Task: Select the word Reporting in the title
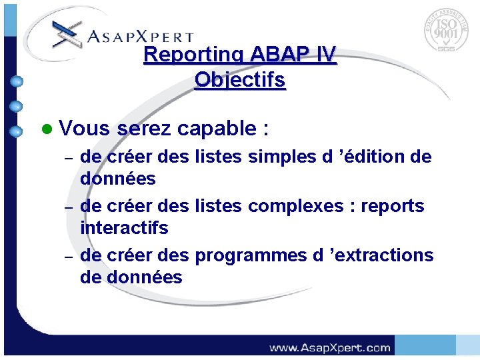(x=195, y=55)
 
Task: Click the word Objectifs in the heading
(x=240, y=81)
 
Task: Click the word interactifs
(x=124, y=228)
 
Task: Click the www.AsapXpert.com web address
(x=329, y=347)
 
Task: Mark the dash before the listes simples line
(x=67, y=159)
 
